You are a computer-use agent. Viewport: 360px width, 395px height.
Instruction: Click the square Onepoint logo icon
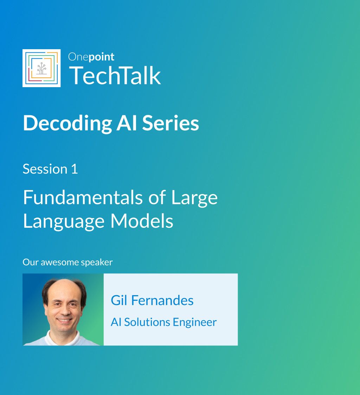click(41, 68)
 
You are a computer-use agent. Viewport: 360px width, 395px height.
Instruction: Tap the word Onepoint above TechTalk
click(91, 57)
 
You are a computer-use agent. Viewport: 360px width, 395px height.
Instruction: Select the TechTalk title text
click(115, 75)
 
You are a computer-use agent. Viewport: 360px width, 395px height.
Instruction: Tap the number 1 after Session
click(75, 169)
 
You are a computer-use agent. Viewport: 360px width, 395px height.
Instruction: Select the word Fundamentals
click(83, 197)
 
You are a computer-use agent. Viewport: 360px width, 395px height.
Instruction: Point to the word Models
click(142, 221)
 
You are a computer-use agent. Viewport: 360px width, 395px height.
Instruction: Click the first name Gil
click(119, 300)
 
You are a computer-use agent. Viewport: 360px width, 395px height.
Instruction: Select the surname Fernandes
click(162, 300)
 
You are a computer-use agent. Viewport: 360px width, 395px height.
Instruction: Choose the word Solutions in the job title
click(147, 322)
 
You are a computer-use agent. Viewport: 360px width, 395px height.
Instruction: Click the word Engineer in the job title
click(195, 323)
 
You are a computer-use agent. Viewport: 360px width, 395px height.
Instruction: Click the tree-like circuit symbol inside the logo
click(41, 68)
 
